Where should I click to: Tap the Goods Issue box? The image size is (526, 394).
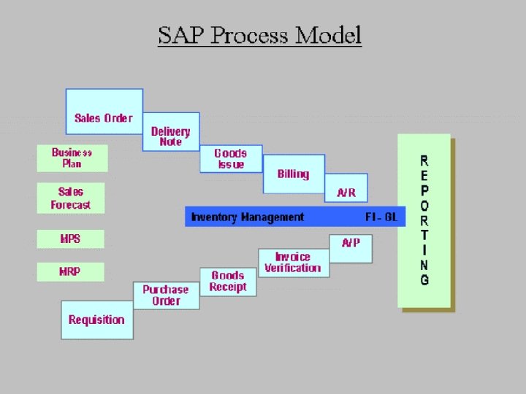point(231,158)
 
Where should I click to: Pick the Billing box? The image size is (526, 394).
point(294,174)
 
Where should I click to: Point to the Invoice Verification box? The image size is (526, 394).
point(293,263)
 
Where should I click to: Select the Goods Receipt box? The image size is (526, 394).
point(228,281)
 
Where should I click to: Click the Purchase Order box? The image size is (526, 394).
point(166,295)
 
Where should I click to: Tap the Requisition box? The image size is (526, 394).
point(96,320)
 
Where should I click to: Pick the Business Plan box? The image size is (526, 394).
point(72,158)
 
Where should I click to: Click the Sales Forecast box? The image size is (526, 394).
point(71,198)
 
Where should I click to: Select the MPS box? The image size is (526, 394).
point(71,239)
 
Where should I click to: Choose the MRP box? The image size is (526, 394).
point(70,271)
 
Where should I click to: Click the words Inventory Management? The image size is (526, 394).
point(248,217)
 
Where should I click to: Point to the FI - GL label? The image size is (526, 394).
point(381,217)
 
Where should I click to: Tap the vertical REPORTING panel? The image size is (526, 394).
point(424,220)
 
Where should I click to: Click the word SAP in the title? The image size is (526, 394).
point(182,35)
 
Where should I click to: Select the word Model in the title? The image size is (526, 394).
point(327,35)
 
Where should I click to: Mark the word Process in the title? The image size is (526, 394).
point(249,35)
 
